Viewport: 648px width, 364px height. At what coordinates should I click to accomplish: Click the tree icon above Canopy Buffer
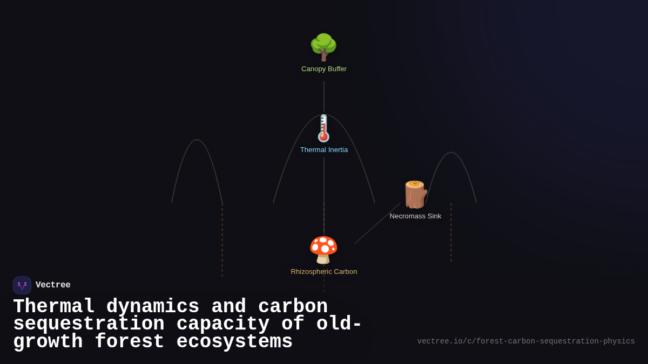click(323, 47)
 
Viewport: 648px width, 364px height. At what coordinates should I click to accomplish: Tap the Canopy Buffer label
click(324, 69)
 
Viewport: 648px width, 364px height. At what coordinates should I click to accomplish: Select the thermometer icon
click(323, 128)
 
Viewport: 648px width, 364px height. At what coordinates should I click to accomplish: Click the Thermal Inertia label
click(324, 150)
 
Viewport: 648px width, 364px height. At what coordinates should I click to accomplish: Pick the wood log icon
click(415, 195)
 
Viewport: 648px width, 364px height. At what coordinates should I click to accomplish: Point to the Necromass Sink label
click(415, 216)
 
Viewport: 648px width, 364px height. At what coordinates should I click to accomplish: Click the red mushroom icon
click(323, 250)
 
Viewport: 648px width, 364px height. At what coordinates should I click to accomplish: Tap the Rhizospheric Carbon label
click(324, 272)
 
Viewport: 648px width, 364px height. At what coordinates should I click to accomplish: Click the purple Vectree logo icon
click(22, 285)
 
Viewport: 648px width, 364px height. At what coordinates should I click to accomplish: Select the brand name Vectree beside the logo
click(53, 285)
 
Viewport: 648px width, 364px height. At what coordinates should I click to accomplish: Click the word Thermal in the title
click(54, 307)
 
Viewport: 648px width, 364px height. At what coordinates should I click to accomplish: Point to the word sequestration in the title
click(89, 324)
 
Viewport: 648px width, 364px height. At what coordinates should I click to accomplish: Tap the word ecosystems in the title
click(234, 342)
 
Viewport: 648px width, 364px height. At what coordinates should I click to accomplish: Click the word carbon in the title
click(293, 307)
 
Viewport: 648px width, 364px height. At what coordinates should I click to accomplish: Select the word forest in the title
click(130, 342)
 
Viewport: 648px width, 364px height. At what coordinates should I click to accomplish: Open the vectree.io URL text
click(526, 341)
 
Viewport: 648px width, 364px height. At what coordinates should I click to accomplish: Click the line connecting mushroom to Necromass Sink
click(377, 223)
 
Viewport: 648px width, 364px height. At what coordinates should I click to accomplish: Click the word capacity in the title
click(222, 324)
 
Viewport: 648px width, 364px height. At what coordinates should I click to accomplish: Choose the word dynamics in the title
click(153, 307)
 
